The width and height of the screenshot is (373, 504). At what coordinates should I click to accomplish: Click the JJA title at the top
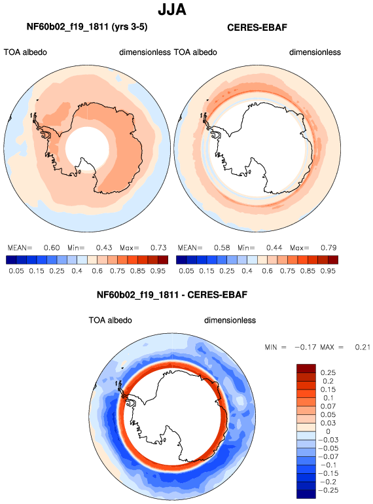[x=172, y=9]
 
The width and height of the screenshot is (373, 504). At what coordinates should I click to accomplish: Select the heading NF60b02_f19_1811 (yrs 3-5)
[x=87, y=27]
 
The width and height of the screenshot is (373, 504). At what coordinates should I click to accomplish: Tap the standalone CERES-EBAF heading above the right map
[x=257, y=27]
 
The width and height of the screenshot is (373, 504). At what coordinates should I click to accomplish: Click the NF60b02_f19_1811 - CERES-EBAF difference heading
[x=172, y=295]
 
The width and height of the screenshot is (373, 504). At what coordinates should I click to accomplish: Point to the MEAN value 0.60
[x=52, y=248]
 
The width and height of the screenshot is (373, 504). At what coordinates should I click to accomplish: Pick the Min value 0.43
[x=104, y=248]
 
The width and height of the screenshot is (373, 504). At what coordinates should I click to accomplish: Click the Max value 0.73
[x=158, y=248]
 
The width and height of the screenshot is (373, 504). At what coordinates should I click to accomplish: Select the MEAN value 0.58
[x=222, y=248]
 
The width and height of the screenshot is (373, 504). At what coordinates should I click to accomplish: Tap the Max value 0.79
[x=329, y=248]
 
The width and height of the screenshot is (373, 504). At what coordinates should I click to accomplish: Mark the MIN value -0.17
[x=305, y=347]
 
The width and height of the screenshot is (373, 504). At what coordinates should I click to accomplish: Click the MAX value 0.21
[x=363, y=347]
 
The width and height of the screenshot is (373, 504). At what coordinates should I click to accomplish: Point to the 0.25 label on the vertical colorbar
[x=328, y=372]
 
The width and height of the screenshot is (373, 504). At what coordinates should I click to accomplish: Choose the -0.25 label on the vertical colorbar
[x=329, y=490]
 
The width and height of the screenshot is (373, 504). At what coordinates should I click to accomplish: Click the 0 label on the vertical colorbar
[x=328, y=431]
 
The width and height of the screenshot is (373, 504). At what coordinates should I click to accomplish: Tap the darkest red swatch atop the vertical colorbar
[x=306, y=369]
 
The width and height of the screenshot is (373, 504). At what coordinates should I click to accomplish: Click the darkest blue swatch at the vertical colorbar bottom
[x=306, y=494]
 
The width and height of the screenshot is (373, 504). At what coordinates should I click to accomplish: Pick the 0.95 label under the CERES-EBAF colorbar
[x=328, y=271]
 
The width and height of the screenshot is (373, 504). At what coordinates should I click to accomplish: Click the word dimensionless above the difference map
[x=230, y=320]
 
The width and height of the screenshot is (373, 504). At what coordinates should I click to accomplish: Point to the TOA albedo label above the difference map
[x=110, y=320]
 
